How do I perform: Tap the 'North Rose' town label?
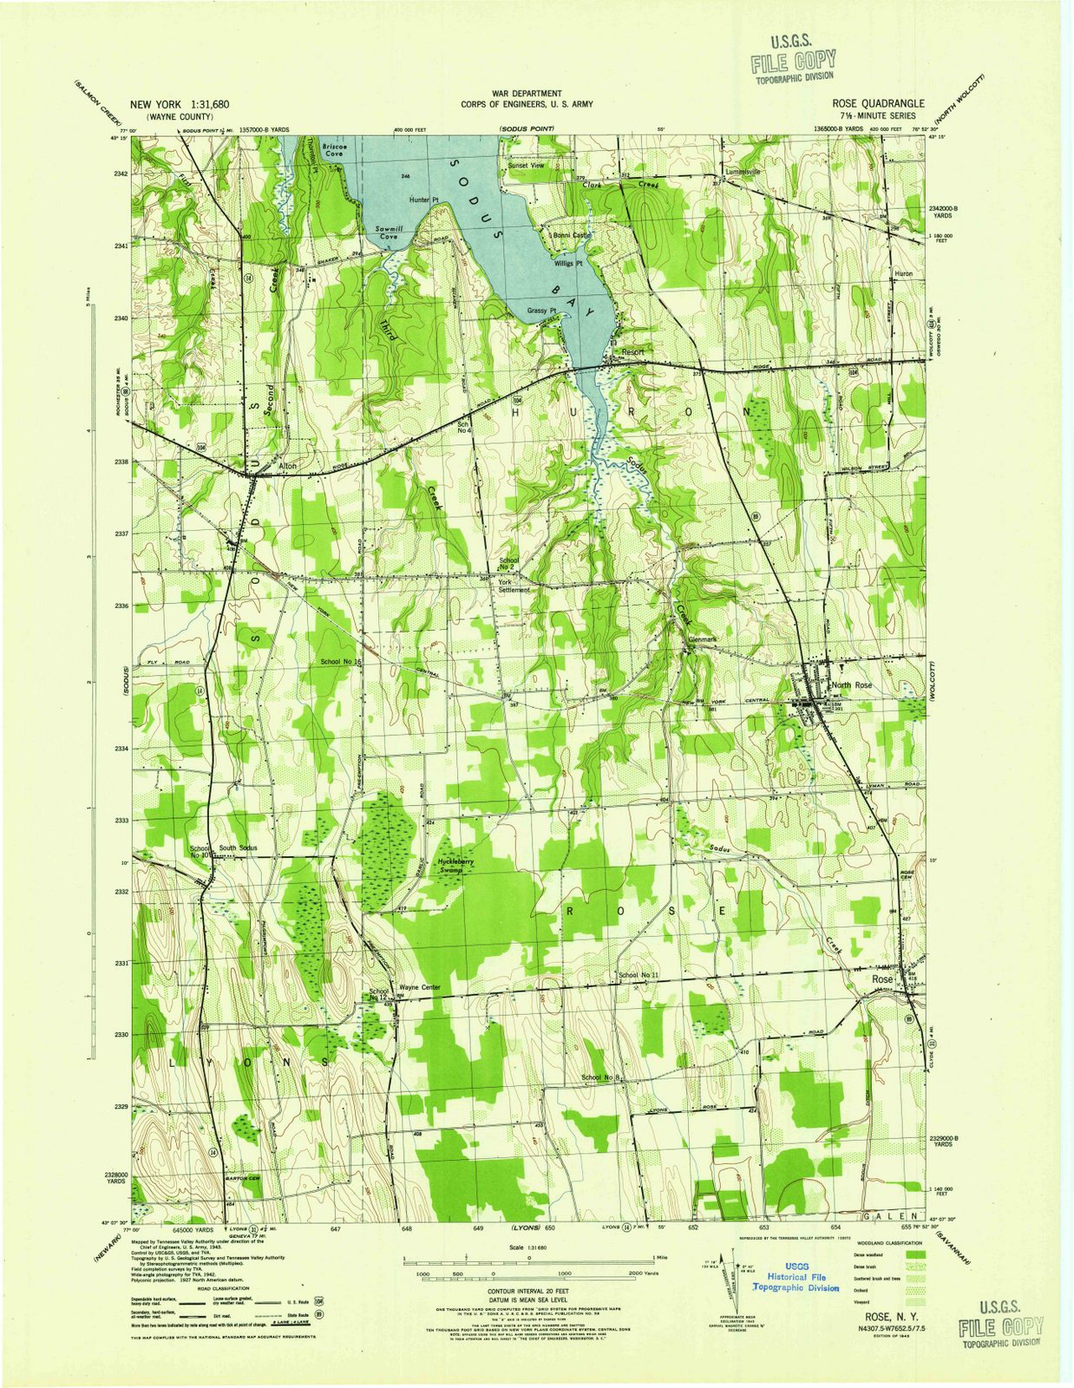pos(851,685)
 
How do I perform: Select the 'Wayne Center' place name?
pos(420,987)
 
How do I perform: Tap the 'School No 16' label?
pos(340,662)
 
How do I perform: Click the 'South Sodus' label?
pos(237,848)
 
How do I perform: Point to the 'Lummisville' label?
pos(743,172)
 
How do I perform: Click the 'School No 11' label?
pos(639,976)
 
